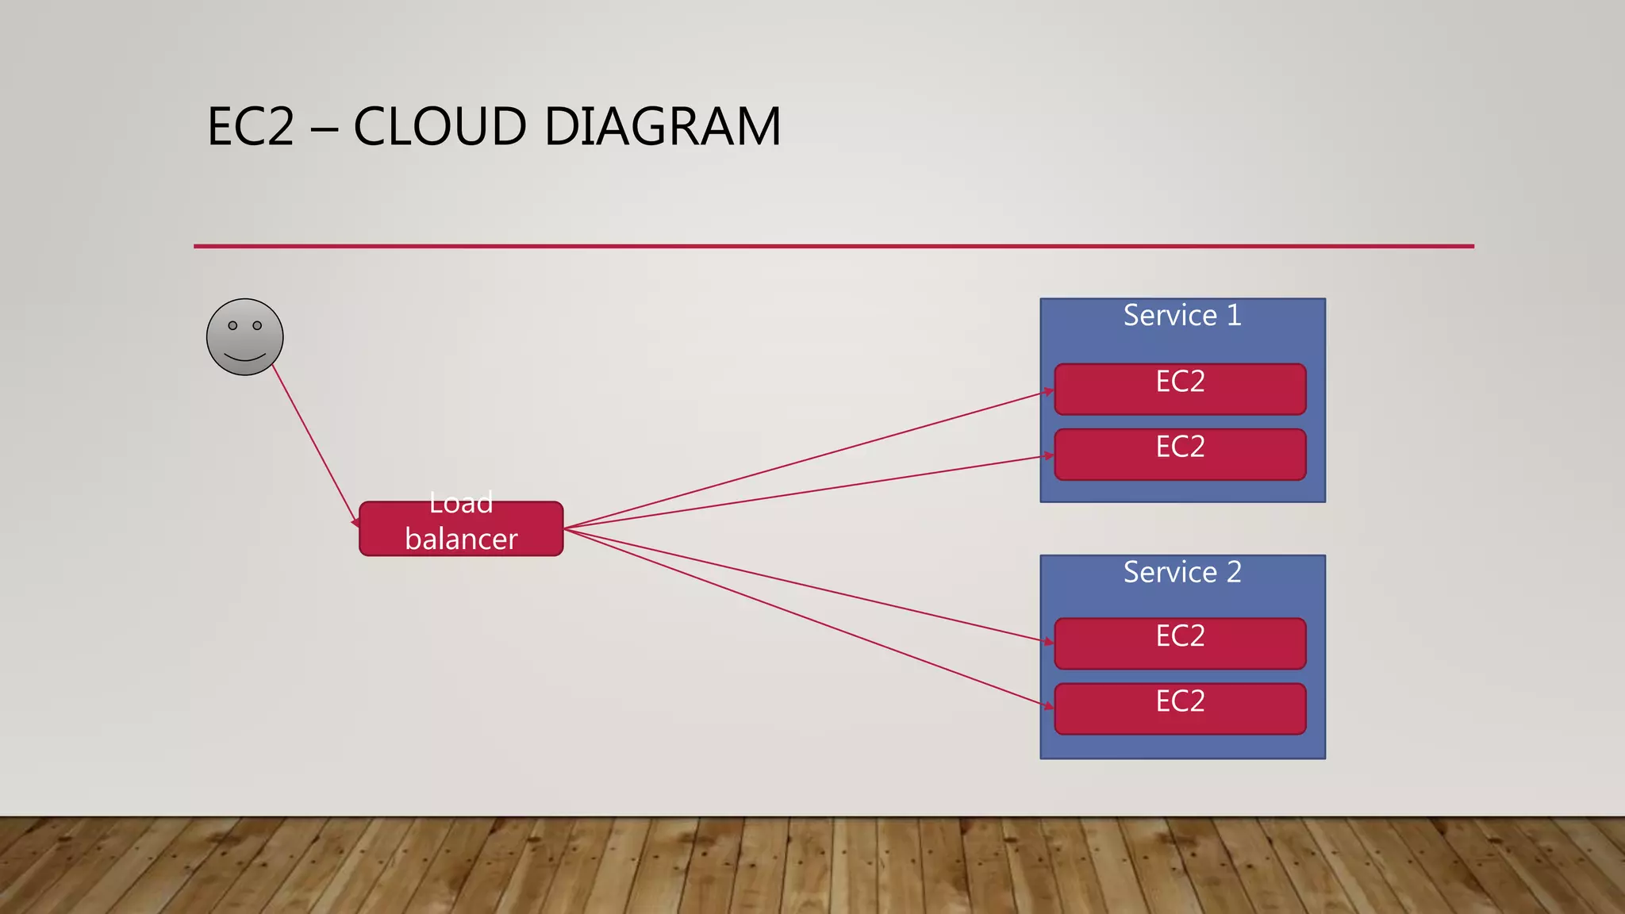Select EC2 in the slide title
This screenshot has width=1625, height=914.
tap(251, 127)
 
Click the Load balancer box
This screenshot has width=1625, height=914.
tap(461, 528)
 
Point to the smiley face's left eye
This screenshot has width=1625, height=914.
tap(232, 325)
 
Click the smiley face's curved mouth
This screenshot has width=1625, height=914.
tap(244, 357)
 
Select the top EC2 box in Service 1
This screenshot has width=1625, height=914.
tap(1180, 390)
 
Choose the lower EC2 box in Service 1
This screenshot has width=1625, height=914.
tap(1180, 455)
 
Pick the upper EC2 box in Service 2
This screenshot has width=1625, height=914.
tap(1180, 643)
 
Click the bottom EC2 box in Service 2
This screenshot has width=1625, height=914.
tap(1180, 709)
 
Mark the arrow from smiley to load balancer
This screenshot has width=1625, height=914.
tap(315, 444)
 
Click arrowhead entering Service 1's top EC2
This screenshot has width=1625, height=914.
tap(1049, 391)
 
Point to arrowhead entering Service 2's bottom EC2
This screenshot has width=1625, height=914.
tap(1049, 705)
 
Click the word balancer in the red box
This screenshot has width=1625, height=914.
tap(461, 540)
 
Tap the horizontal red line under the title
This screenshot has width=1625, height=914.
tap(833, 246)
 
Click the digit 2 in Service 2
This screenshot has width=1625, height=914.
tap(1234, 572)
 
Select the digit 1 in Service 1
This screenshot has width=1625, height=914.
tap(1234, 316)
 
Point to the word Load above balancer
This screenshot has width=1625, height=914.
tap(461, 503)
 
